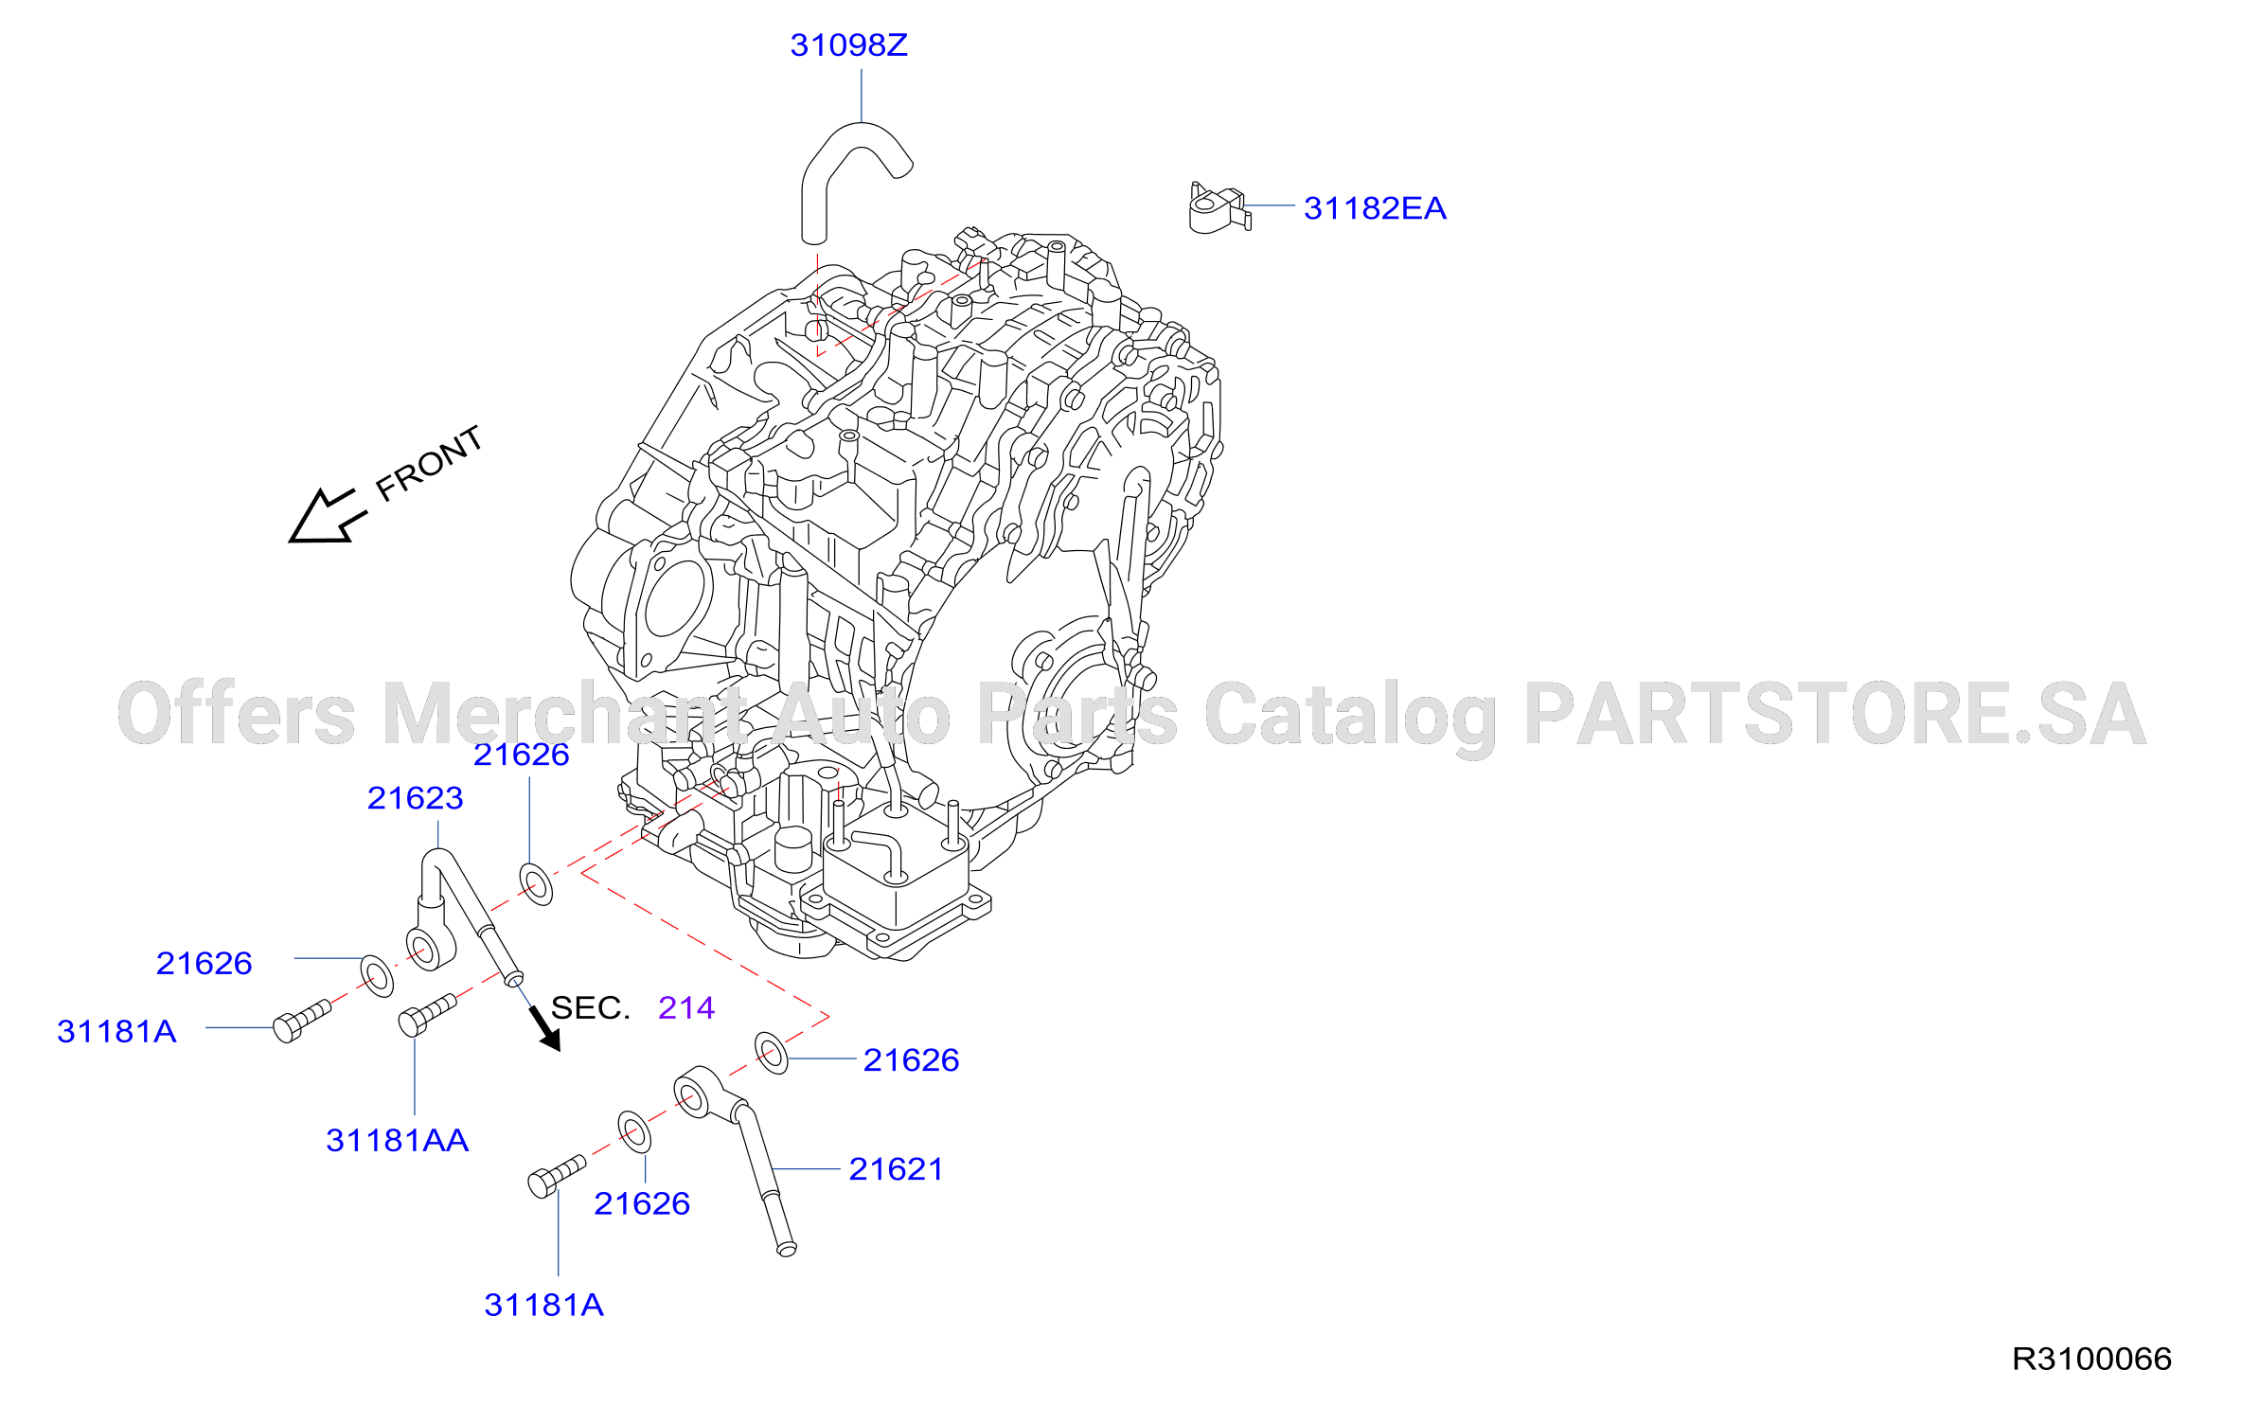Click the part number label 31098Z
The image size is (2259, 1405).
[x=848, y=45]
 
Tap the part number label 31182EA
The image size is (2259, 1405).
[x=1375, y=208]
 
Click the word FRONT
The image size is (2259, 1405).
[x=429, y=463]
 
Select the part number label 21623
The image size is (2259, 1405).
[x=415, y=798]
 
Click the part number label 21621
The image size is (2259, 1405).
[x=896, y=1169]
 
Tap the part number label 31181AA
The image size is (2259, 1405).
[x=398, y=1140]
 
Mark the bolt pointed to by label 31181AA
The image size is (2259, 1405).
[x=427, y=1014]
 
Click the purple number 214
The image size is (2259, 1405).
[x=686, y=1007]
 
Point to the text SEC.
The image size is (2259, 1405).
[x=590, y=1007]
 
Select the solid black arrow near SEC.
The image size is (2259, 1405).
[x=544, y=1029]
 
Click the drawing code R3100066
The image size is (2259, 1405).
[x=2091, y=1359]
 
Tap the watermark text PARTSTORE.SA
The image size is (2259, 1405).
[x=1835, y=713]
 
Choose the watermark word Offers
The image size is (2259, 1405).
[x=237, y=713]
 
